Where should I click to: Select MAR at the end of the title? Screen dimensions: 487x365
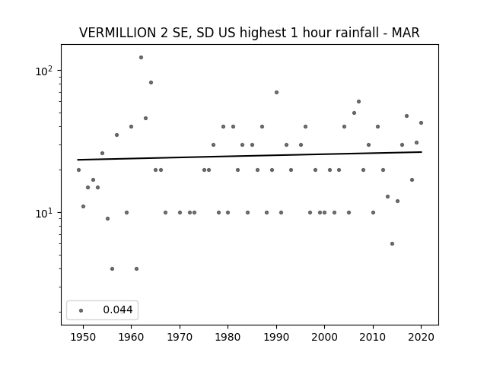click(x=406, y=33)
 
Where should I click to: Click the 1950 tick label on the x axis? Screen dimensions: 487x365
click(x=83, y=337)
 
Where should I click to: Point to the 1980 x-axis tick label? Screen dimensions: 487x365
click(x=228, y=337)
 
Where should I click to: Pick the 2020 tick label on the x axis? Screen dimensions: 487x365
click(x=421, y=337)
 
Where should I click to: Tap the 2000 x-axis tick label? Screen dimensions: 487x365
click(x=325, y=337)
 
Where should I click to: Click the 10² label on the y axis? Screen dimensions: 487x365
click(x=44, y=71)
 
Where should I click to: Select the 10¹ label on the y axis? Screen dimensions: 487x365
click(x=44, y=213)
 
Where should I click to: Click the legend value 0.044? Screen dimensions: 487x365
click(x=118, y=309)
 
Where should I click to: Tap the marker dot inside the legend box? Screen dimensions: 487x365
click(x=81, y=310)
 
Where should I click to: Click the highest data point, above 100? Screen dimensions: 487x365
click(x=141, y=58)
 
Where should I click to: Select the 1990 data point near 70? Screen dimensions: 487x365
click(x=276, y=93)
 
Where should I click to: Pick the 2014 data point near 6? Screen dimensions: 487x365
click(x=393, y=243)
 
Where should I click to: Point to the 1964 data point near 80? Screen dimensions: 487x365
click(x=151, y=83)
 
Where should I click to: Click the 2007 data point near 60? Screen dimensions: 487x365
click(x=358, y=101)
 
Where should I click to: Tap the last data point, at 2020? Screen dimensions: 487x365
click(x=421, y=123)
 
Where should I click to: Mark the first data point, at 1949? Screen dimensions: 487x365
click(x=78, y=170)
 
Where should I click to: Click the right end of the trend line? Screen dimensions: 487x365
click(x=422, y=152)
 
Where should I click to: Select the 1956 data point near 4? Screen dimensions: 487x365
click(x=112, y=268)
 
